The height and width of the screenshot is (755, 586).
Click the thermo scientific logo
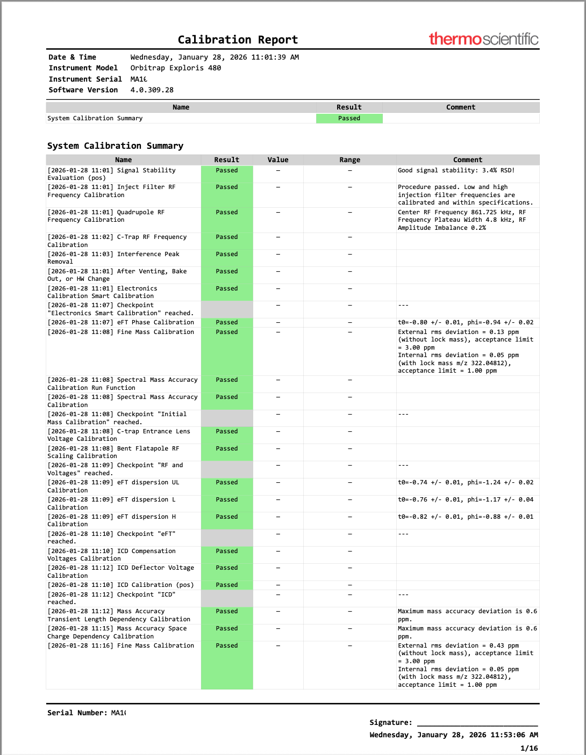(x=483, y=39)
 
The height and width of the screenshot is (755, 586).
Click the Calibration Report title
(x=238, y=40)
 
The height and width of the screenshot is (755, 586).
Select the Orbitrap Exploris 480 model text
(x=175, y=68)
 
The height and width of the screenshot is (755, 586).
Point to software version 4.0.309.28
(x=152, y=90)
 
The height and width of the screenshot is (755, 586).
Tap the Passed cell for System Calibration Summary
(x=349, y=118)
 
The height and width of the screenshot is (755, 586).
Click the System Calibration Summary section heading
(x=115, y=146)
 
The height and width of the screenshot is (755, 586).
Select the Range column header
(x=349, y=160)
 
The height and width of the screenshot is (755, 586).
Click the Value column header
(x=278, y=160)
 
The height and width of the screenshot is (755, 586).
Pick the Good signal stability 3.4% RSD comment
(x=456, y=171)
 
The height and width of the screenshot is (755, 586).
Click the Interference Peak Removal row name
(x=113, y=258)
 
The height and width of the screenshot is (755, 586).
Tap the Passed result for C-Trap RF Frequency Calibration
(x=226, y=237)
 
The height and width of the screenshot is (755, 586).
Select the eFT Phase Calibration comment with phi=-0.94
(x=466, y=323)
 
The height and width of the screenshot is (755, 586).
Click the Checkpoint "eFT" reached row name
(x=111, y=538)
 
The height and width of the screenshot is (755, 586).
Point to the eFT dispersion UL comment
(x=466, y=483)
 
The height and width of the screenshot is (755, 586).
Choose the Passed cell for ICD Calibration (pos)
(x=226, y=585)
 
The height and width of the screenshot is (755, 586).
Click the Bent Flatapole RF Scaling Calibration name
(x=113, y=452)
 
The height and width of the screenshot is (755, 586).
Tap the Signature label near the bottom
(x=391, y=723)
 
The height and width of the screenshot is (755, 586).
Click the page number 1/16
(x=529, y=749)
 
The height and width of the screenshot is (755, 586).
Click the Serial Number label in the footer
(x=77, y=713)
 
